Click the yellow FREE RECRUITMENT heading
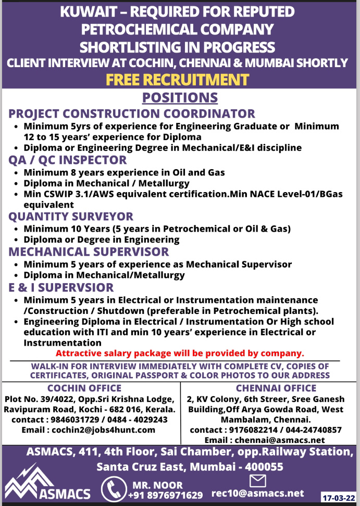tap(178, 80)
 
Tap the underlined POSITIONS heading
tap(180, 97)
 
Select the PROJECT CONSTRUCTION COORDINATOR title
tap(132, 113)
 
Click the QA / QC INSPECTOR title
tap(68, 160)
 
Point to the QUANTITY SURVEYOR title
tap(71, 216)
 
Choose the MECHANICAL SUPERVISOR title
tap(89, 251)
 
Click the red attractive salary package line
tap(180, 353)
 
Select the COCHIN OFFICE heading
tap(84, 388)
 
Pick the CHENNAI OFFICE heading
tap(276, 388)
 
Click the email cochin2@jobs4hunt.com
tap(89, 430)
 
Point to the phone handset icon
tap(114, 489)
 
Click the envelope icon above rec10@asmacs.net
tap(258, 480)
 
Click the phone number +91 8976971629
tap(166, 495)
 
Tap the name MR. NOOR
tap(152, 485)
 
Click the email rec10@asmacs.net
tap(257, 493)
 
